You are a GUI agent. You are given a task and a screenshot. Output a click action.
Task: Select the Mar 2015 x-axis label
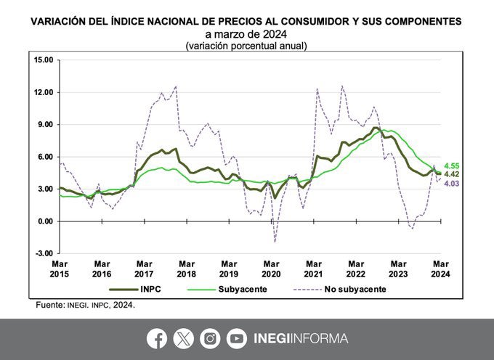pos(60,269)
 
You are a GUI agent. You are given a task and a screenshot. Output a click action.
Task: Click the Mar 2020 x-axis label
pos(271,269)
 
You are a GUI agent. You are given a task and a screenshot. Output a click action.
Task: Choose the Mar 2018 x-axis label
pos(187,269)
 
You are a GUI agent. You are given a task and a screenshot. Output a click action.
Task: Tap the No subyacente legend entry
pos(356,289)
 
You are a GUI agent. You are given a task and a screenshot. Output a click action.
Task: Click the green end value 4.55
pos(452,165)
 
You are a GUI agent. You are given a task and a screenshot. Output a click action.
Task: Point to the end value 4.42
pos(452,174)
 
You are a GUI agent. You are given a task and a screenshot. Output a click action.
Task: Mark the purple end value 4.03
pos(452,184)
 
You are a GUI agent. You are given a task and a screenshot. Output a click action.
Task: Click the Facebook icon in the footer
pos(157,338)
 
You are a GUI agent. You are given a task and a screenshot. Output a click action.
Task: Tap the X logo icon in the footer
pos(183,338)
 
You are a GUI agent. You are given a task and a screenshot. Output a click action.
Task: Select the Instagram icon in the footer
pos(210,338)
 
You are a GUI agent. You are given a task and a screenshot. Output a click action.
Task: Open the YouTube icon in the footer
pos(236,338)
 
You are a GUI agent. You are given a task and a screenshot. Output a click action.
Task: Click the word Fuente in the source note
pos(49,306)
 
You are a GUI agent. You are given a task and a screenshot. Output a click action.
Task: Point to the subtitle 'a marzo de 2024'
pos(246,34)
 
